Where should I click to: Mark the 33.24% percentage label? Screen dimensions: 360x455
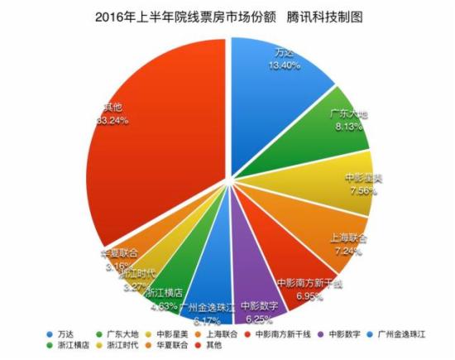(113, 120)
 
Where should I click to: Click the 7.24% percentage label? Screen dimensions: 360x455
(349, 248)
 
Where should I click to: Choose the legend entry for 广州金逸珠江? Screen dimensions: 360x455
(400, 334)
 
